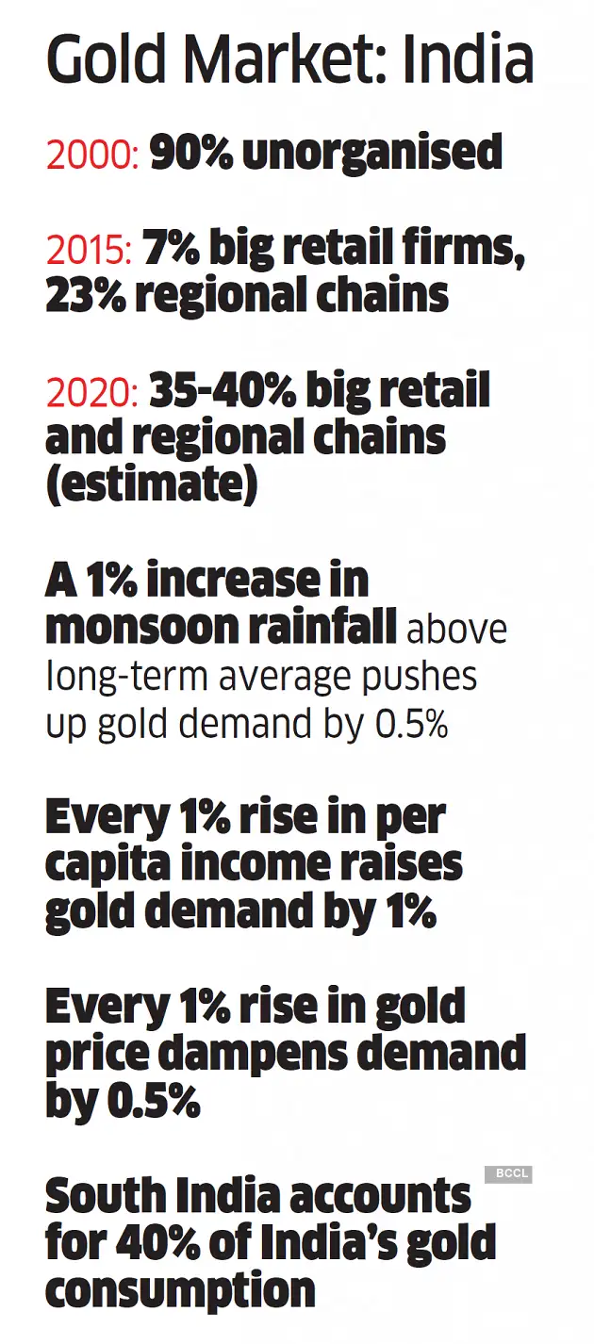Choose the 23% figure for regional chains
[85, 295]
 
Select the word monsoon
[132, 628]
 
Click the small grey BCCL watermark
[508, 1173]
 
